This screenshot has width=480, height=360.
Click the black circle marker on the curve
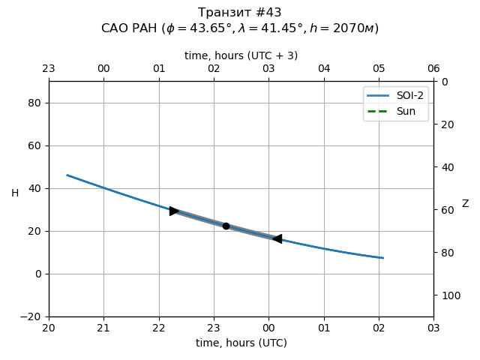click(226, 226)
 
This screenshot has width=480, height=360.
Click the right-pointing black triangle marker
click(174, 211)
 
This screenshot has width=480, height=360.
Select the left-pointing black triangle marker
click(277, 238)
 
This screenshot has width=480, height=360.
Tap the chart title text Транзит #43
click(240, 13)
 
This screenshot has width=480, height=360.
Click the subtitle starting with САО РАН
click(240, 28)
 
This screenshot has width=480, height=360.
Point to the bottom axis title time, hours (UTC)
click(241, 343)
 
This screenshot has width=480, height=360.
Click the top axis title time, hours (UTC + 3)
click(241, 55)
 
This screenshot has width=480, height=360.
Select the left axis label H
click(15, 193)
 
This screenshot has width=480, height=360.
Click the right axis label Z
click(465, 204)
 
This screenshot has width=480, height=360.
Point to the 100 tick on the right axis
click(448, 295)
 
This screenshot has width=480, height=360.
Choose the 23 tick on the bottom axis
click(214, 328)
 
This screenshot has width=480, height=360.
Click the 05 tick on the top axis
click(379, 69)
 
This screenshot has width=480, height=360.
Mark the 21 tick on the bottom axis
click(103, 328)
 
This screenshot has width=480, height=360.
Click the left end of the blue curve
click(67, 175)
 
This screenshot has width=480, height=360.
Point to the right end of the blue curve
click(383, 258)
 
